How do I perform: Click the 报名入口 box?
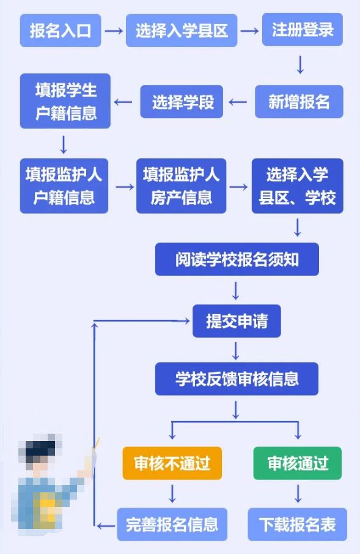(x=61, y=31)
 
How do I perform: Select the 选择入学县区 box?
(x=182, y=31)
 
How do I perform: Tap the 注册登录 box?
(x=303, y=30)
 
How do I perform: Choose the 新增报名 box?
(x=299, y=101)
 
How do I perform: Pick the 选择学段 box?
(x=182, y=101)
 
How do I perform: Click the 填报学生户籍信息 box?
(x=65, y=101)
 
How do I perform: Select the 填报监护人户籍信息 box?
(x=64, y=186)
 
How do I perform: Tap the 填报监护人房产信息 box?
(x=182, y=186)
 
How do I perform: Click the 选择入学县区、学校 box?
(x=298, y=186)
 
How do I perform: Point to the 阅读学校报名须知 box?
(x=237, y=259)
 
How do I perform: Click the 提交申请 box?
(x=237, y=321)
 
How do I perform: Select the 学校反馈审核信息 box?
(x=237, y=379)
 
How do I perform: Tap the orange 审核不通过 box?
(x=172, y=463)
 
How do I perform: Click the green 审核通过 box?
(x=298, y=463)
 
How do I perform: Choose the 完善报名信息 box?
(x=172, y=524)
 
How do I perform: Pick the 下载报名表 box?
(x=298, y=524)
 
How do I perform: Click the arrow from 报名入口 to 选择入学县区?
(x=114, y=31)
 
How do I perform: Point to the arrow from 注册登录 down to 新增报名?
(x=300, y=65)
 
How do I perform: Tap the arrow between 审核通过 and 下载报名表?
(x=298, y=494)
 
